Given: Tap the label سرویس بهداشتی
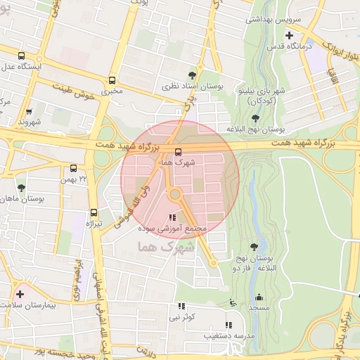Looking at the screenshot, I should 273,20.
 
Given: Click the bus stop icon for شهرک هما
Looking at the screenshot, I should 177,152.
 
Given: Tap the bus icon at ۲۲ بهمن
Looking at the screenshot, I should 74,168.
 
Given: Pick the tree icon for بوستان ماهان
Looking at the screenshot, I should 22,188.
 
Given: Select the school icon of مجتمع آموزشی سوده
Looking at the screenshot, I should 173,218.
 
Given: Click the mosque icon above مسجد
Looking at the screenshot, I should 259,297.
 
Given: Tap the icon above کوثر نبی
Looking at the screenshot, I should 182,306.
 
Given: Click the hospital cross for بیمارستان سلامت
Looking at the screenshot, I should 20,293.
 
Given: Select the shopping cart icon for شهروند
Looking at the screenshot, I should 29,111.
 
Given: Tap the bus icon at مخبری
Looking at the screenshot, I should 112,80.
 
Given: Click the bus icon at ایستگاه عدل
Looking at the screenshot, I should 22,56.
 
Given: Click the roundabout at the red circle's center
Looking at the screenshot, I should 175,194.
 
